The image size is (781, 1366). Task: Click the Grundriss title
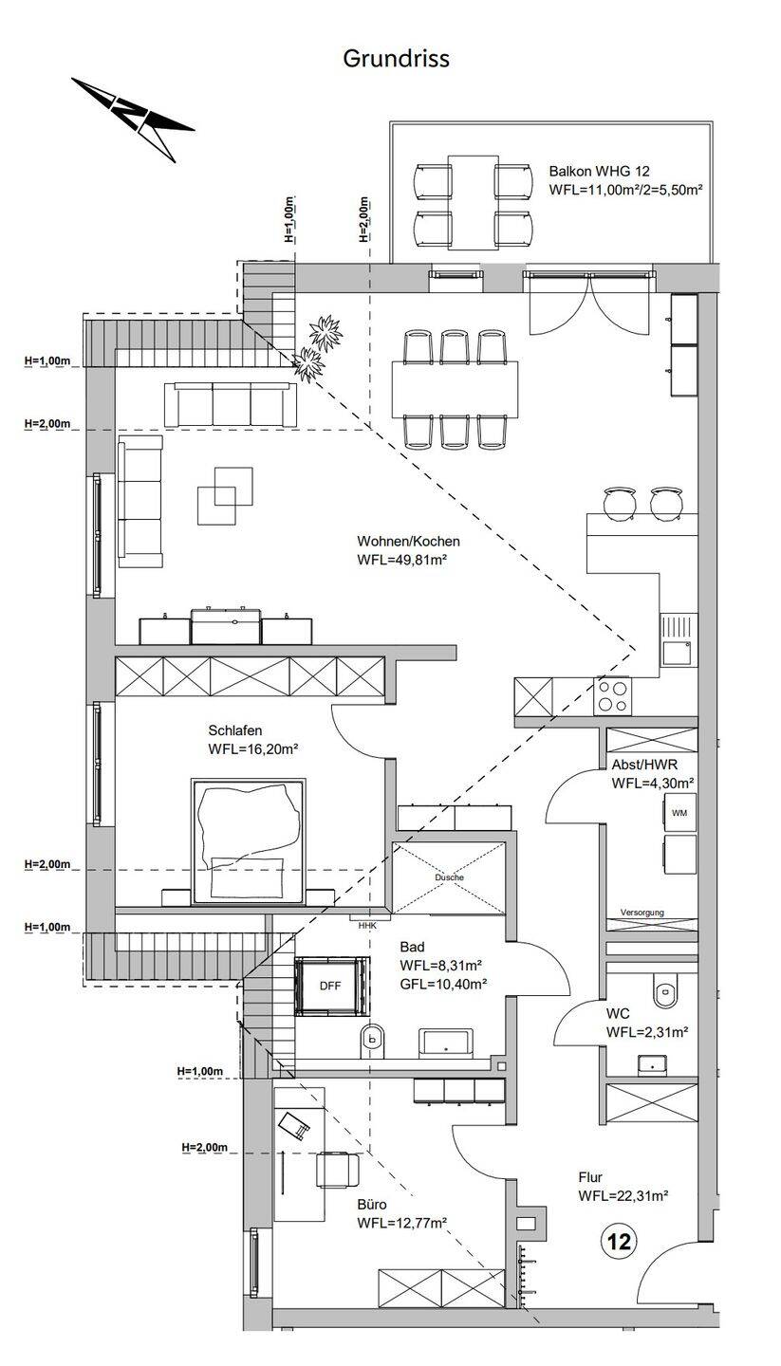(x=396, y=59)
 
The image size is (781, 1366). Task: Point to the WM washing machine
(x=679, y=813)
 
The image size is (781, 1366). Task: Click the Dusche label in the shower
(x=449, y=877)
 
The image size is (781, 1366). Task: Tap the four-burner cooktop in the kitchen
(x=613, y=696)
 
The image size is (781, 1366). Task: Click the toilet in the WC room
(x=664, y=992)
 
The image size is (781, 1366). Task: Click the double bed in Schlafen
(x=249, y=840)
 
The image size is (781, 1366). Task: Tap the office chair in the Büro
(x=338, y=1169)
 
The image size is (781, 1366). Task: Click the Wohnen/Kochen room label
(x=408, y=541)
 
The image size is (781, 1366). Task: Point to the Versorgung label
(x=642, y=913)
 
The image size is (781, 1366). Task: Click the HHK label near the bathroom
(x=367, y=926)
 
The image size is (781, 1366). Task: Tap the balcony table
(x=473, y=202)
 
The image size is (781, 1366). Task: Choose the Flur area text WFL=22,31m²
(x=623, y=1196)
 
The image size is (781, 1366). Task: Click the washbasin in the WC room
(x=653, y=1064)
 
